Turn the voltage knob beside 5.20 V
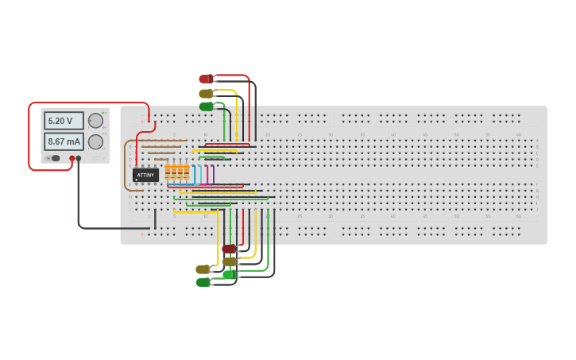click(x=95, y=121)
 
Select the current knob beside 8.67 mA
click(x=95, y=141)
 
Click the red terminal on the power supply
click(x=72, y=158)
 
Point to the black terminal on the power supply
click(x=78, y=158)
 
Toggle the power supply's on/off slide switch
click(x=55, y=158)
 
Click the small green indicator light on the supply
click(x=103, y=113)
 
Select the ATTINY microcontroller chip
click(x=145, y=175)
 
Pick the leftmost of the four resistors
click(x=168, y=172)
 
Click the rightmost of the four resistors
click(x=187, y=172)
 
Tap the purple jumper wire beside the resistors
click(x=213, y=174)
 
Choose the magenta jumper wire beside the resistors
click(x=207, y=174)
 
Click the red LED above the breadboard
click(x=205, y=79)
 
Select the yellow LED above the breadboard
click(x=205, y=93)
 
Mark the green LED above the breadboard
click(x=206, y=106)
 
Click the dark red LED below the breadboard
click(x=229, y=249)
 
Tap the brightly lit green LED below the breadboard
click(x=229, y=274)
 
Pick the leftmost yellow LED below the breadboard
click(x=203, y=269)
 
